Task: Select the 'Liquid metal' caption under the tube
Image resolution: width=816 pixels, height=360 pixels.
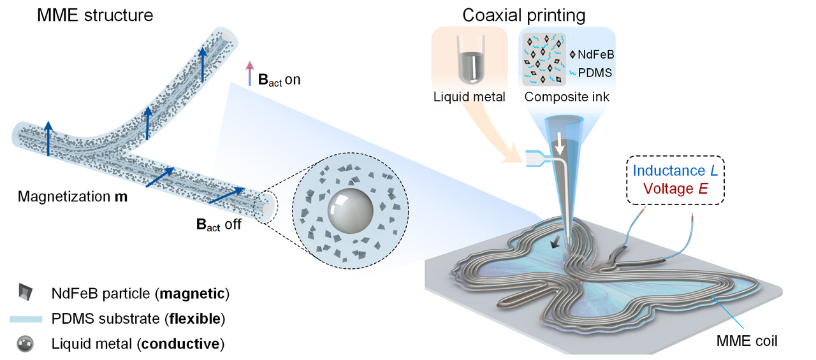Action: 469,97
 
